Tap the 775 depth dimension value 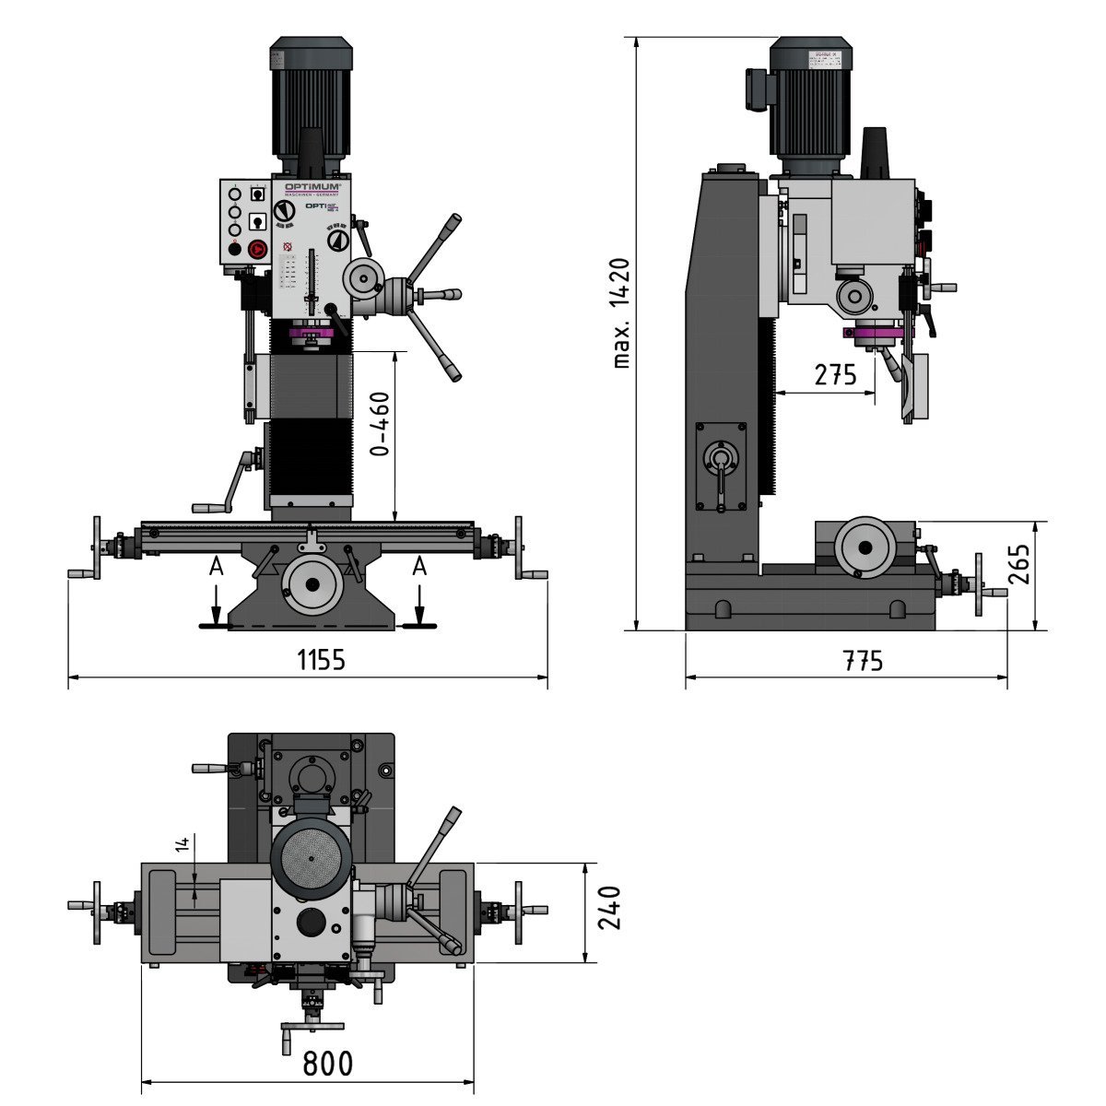[x=863, y=661]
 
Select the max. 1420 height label [x=623, y=313]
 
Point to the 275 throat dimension [x=835, y=375]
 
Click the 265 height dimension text [x=1019, y=563]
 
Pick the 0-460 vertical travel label [x=379, y=425]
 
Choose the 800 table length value [x=328, y=1064]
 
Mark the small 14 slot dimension [x=183, y=843]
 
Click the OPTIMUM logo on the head [x=312, y=186]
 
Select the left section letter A [x=216, y=567]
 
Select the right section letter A [x=419, y=567]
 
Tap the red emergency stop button [x=257, y=248]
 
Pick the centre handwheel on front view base [x=312, y=583]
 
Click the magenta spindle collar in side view [x=872, y=334]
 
